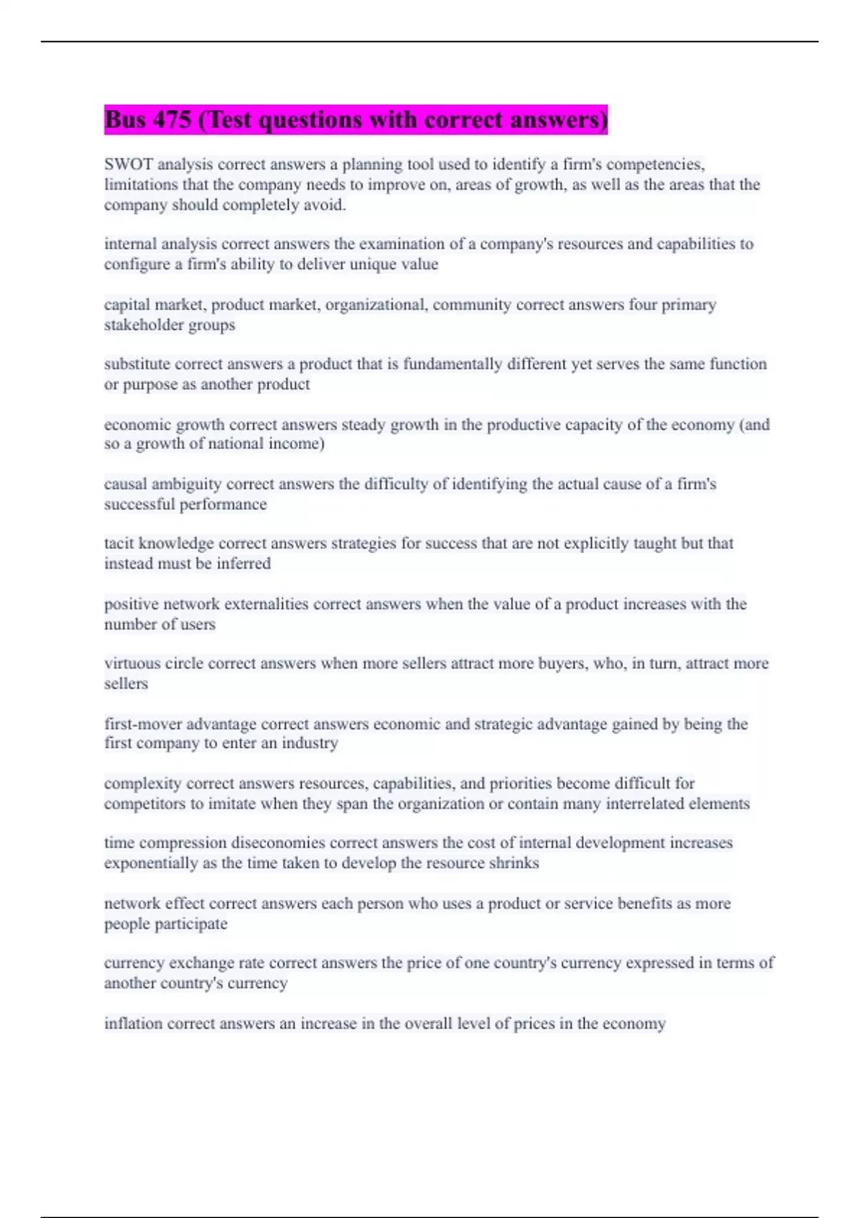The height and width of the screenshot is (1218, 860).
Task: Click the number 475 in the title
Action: point(171,120)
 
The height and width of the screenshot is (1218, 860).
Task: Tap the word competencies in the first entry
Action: point(654,164)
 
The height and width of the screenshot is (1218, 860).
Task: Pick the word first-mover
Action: point(143,724)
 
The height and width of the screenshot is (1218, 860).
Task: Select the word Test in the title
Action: point(229,120)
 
